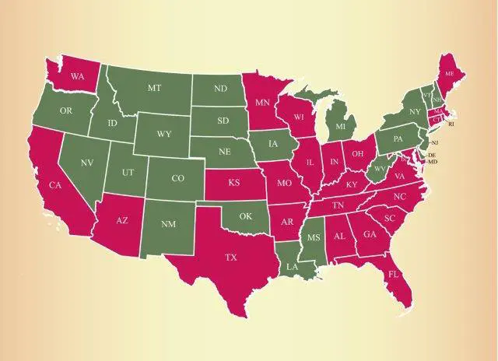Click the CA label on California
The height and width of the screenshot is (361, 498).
pos(55,184)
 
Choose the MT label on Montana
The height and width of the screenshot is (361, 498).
pos(154,89)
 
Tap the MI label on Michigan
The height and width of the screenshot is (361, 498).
pos(341,126)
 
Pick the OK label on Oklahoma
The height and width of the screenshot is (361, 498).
pos(245,216)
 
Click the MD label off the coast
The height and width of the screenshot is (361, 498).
pos(433,161)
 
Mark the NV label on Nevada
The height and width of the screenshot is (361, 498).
pos(86,163)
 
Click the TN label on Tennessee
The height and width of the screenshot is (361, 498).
pos(339,205)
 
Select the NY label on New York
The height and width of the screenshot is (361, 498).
pos(414,111)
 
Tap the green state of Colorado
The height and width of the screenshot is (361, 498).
pos(177,178)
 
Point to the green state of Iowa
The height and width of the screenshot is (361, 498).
pos(273,144)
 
